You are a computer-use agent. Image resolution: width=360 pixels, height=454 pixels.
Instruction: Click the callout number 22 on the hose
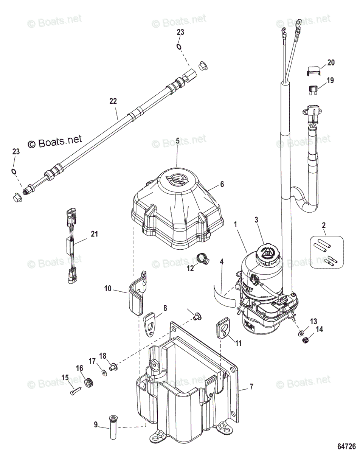coord(113,101)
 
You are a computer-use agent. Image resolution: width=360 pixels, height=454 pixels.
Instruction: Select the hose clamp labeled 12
coord(202,259)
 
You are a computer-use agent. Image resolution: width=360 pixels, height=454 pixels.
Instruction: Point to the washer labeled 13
coord(301,333)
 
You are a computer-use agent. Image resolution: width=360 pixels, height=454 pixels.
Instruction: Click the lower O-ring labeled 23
coord(14,171)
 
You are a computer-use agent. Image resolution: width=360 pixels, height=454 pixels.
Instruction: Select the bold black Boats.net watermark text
coord(55,142)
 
